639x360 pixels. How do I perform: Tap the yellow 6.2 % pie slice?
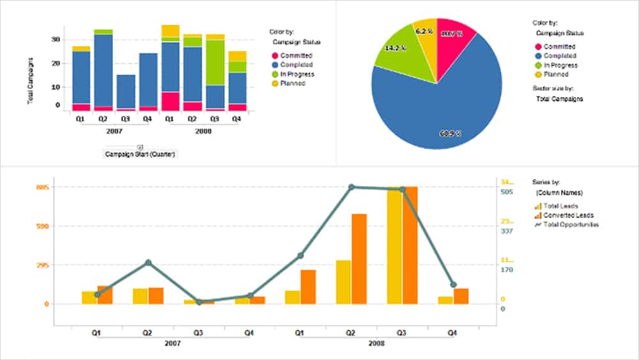[x=424, y=38]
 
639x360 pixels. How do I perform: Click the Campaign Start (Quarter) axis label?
[x=141, y=154]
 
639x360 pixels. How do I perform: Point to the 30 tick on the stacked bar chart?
[x=56, y=40]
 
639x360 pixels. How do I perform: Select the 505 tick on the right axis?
[x=507, y=192]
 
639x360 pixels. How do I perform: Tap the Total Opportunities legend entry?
[x=571, y=224]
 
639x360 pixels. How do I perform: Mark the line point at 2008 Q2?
[x=351, y=187]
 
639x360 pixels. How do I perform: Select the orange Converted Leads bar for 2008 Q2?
[x=359, y=259]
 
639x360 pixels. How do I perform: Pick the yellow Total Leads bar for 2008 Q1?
[x=293, y=297]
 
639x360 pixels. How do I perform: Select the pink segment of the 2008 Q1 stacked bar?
[x=170, y=102]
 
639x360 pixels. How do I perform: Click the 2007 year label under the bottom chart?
[x=172, y=343]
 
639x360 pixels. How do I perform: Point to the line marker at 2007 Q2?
[x=148, y=263]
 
